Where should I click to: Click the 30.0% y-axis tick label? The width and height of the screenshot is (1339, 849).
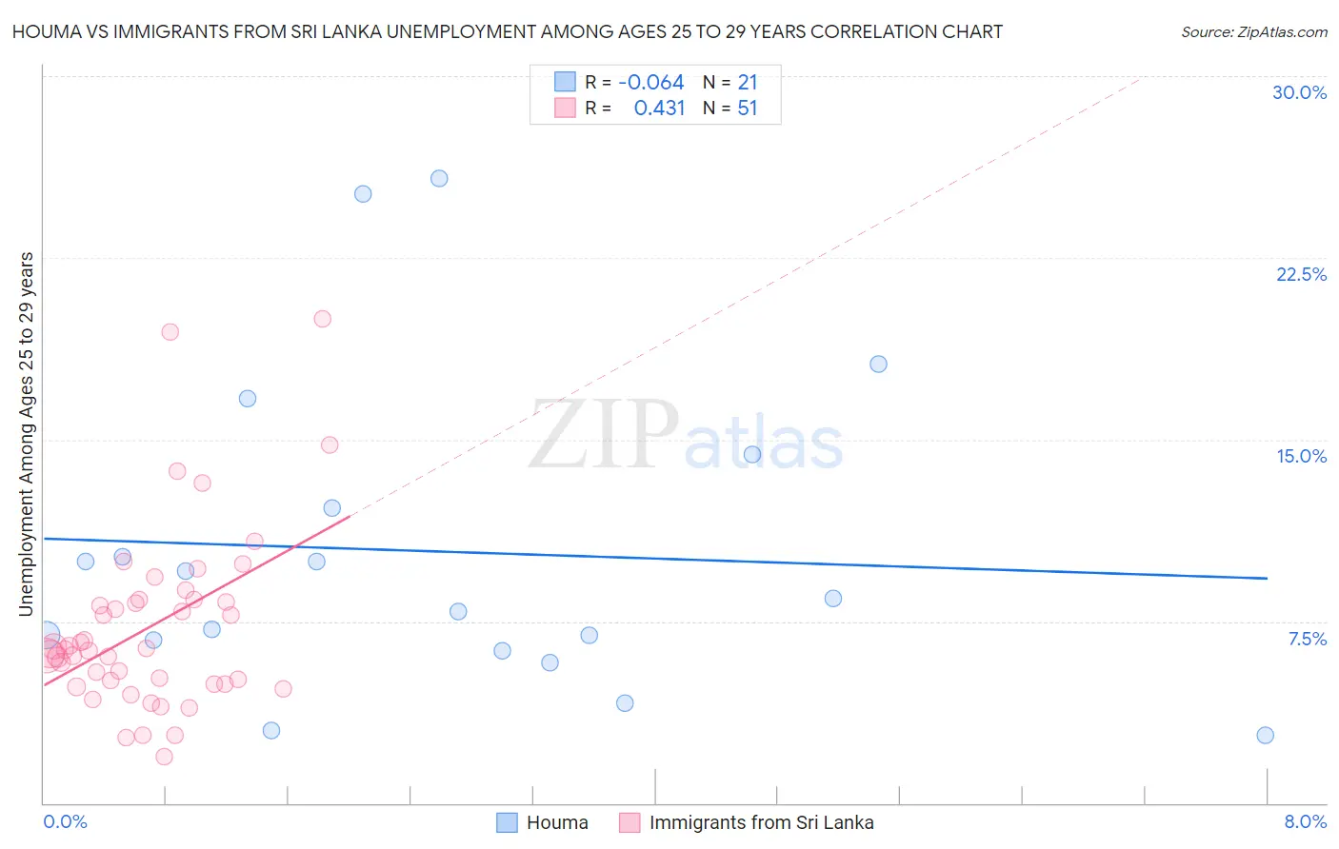click(x=1299, y=92)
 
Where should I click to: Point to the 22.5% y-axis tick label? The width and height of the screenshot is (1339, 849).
click(x=1301, y=274)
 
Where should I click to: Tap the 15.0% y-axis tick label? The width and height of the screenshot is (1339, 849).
click(x=1301, y=456)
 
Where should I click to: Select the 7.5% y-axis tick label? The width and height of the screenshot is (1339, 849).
click(x=1307, y=639)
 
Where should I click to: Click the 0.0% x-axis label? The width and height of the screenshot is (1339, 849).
click(x=65, y=821)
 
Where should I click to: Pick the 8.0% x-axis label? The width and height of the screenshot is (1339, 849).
click(x=1305, y=821)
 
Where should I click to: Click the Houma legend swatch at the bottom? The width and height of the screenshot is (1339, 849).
click(x=508, y=822)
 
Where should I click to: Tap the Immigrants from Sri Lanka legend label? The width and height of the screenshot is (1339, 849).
click(x=761, y=822)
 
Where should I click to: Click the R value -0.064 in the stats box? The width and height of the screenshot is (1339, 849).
click(x=650, y=83)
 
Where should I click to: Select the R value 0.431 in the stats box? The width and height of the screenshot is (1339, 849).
click(x=659, y=109)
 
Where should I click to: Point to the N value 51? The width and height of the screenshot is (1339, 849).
click(x=747, y=109)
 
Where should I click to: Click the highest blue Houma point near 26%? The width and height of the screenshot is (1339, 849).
click(x=439, y=178)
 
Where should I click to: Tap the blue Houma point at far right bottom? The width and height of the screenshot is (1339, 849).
click(x=1265, y=735)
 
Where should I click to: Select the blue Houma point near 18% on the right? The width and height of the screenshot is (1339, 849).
click(x=878, y=364)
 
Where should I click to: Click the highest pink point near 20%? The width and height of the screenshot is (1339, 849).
click(x=323, y=319)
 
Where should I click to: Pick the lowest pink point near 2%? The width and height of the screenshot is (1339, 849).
click(x=164, y=757)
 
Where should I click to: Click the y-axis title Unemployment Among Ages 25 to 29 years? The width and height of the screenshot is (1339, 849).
click(x=26, y=433)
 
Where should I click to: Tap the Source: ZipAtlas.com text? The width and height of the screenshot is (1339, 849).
click(x=1253, y=32)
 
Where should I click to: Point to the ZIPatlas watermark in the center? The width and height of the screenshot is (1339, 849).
click(x=686, y=435)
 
